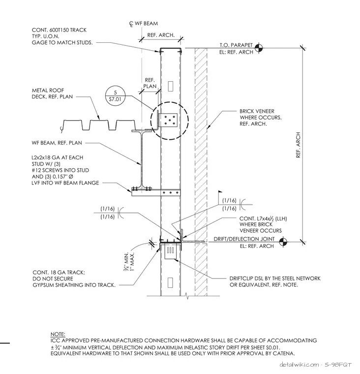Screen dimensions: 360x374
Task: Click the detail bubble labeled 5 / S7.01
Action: tap(116, 96)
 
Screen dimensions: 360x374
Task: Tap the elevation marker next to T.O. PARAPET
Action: tap(258, 48)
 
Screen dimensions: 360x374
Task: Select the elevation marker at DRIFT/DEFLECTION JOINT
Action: tap(283, 242)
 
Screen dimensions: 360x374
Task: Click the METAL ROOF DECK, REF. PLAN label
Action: tap(52, 93)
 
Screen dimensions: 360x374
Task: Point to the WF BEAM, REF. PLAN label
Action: tap(57, 143)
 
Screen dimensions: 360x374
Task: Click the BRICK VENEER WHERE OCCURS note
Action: tap(261, 118)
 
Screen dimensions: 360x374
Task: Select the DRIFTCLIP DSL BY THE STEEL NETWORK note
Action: tap(275, 281)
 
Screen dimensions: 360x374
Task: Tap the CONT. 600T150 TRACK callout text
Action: tap(62, 36)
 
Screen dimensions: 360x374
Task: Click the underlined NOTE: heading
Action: tap(58, 334)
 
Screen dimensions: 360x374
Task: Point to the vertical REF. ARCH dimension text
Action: tap(298, 145)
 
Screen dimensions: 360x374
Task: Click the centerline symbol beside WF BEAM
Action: tap(131, 24)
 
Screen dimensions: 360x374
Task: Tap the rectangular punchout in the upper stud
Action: tap(171, 86)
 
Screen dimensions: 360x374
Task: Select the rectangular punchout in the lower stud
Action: tap(170, 282)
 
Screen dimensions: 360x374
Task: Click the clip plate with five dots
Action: tap(168, 120)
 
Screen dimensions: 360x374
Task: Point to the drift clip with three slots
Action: tap(170, 251)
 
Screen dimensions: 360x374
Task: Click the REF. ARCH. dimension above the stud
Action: tap(161, 35)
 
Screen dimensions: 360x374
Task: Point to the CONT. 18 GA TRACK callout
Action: tap(74, 279)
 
